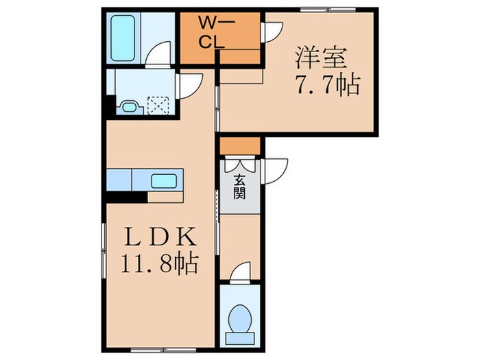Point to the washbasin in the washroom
pyautogui.click(x=128, y=106)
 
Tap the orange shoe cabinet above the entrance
pyautogui.click(x=239, y=145)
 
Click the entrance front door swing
pyautogui.click(x=275, y=167)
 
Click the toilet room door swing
pyautogui.click(x=239, y=273)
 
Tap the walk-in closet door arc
pyautogui.click(x=273, y=31)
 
